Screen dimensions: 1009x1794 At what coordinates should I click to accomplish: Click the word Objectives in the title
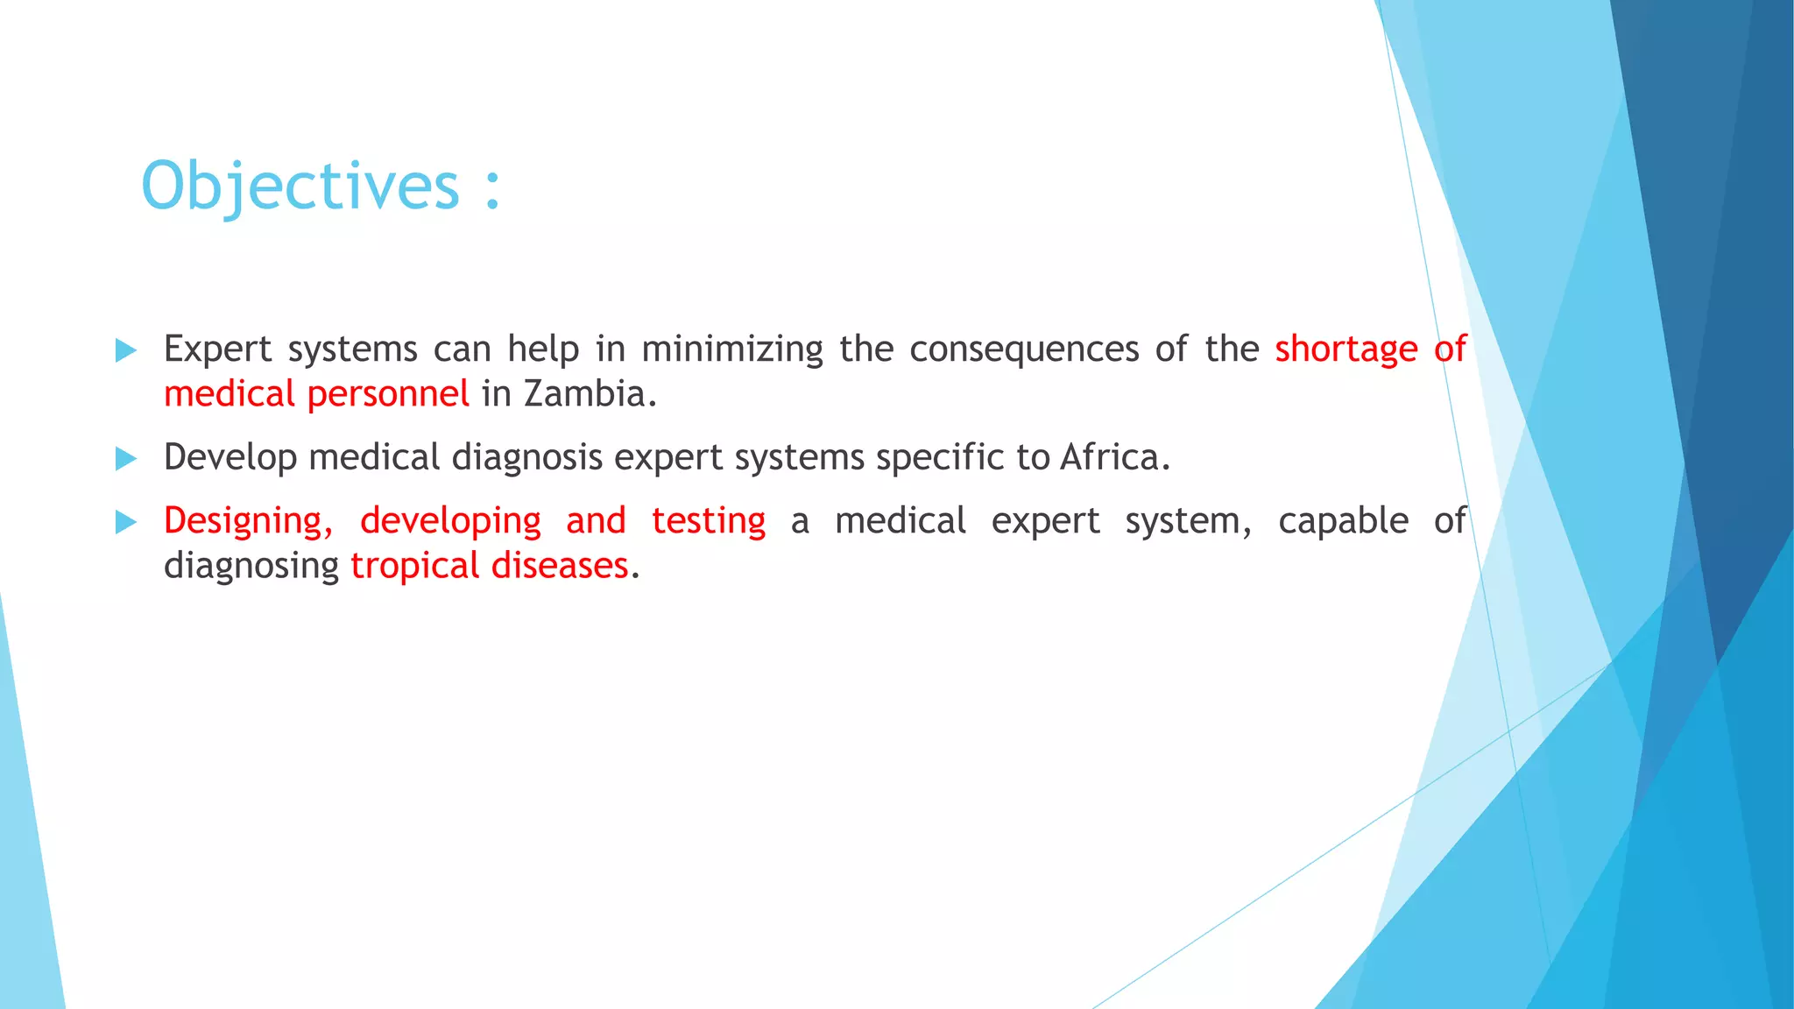click(x=300, y=187)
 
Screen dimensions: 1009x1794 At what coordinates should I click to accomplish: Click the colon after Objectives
click(x=493, y=188)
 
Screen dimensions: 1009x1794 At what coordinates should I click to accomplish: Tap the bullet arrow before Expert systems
click(x=126, y=351)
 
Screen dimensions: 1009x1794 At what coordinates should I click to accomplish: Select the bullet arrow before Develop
click(x=126, y=459)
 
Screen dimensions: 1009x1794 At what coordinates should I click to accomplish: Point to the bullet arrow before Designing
click(x=126, y=523)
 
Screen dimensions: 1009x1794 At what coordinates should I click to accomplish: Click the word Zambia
click(x=589, y=394)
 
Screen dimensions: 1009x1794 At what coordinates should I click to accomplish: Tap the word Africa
click(x=1113, y=457)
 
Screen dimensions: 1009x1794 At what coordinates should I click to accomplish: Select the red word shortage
click(x=1345, y=349)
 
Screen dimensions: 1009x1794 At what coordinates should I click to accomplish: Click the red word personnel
click(x=388, y=395)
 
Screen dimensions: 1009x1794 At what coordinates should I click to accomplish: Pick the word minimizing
click(x=732, y=349)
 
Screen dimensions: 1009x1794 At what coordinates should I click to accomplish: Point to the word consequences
click(x=1024, y=349)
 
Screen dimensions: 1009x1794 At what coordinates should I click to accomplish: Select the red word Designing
click(x=248, y=521)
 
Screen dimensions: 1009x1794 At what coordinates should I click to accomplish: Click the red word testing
click(x=709, y=521)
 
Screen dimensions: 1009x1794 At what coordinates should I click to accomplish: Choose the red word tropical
click(x=415, y=566)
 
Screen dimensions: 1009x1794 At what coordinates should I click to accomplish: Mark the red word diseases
click(x=559, y=566)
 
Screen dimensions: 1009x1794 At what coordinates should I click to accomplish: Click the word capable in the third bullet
click(x=1343, y=521)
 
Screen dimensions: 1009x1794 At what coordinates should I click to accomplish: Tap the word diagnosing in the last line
click(x=251, y=567)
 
